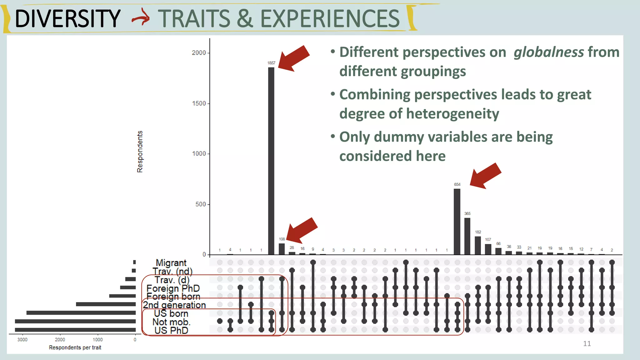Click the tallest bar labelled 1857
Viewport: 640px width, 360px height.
tap(271, 161)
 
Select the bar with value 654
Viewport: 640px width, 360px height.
tap(457, 222)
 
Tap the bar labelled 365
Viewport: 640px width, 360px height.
tap(467, 236)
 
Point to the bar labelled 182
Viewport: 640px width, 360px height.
tap(477, 245)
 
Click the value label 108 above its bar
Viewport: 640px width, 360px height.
tap(282, 239)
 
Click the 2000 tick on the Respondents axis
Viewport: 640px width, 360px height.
tap(199, 53)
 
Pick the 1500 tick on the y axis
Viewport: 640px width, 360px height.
tap(199, 103)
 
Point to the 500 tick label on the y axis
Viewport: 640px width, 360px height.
tap(200, 204)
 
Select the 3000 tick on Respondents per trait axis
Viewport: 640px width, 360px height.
tap(22, 340)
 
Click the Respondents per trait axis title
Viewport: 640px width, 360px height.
tap(75, 347)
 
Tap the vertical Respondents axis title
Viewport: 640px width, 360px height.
tap(140, 152)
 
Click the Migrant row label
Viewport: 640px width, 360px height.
tap(171, 263)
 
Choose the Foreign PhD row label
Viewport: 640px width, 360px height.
tap(173, 288)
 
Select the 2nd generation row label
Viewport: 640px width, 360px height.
tap(174, 305)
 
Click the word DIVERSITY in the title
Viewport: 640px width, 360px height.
tap(67, 19)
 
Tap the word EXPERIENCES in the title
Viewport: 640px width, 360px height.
tap(330, 19)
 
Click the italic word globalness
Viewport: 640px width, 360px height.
tap(548, 52)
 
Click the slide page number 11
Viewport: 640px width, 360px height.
tap(587, 344)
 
